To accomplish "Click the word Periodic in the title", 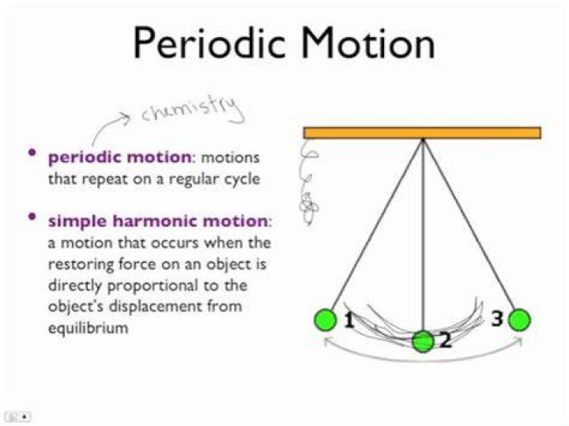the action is point(209,43).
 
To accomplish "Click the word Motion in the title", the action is point(368,43).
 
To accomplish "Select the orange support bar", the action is point(422,133).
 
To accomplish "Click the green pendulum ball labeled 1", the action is point(325,319).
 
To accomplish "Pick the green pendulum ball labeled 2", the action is point(423,341).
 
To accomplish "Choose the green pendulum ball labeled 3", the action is point(519,320).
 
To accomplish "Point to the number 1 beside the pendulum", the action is point(349,320).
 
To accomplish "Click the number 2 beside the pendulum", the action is point(446,341).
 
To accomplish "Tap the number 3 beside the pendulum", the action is point(498,319).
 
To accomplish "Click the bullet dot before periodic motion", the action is point(32,153).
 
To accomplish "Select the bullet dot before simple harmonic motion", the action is point(32,217).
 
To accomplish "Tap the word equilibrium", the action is point(89,328).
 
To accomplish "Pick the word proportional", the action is point(153,286).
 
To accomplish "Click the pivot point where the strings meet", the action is point(423,140).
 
